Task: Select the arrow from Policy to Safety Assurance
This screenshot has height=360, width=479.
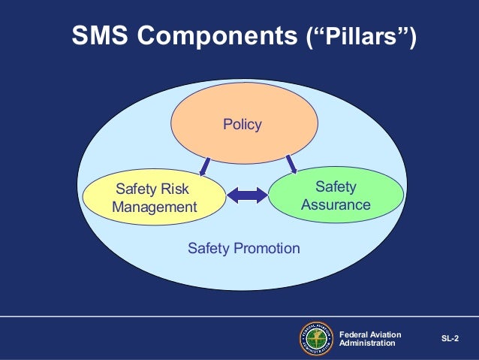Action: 291,162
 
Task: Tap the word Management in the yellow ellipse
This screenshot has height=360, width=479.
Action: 155,207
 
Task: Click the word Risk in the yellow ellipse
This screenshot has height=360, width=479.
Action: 173,189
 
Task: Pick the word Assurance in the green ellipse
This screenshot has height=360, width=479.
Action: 336,204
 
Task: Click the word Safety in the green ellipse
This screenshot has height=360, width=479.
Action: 336,186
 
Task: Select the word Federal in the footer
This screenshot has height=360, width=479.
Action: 354,334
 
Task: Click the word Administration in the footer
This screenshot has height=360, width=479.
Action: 367,343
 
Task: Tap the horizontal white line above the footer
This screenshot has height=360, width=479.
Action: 239,315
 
